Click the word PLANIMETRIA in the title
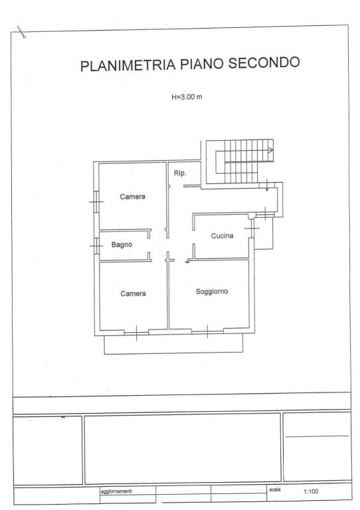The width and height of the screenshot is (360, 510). pyautogui.click(x=128, y=65)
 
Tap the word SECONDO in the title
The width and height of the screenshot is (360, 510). pyautogui.click(x=264, y=62)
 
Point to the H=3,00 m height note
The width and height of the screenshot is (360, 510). pyautogui.click(x=187, y=96)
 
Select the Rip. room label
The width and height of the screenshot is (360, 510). pyautogui.click(x=180, y=173)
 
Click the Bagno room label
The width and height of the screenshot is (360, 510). pyautogui.click(x=122, y=244)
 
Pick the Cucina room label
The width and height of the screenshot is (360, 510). pyautogui.click(x=222, y=236)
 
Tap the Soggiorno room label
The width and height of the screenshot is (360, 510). pyautogui.click(x=212, y=292)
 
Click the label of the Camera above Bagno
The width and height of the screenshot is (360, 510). pyautogui.click(x=132, y=197)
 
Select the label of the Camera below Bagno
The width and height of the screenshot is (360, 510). pyautogui.click(x=133, y=294)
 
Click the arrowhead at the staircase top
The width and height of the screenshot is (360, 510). pyautogui.click(x=270, y=150)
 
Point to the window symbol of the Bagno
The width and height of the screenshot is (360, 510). pyautogui.click(x=96, y=246)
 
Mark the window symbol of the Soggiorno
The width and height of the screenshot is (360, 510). pyautogui.click(x=207, y=331)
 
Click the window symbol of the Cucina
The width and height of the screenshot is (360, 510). pyautogui.click(x=252, y=228)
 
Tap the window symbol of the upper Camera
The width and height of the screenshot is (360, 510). pyautogui.click(x=96, y=202)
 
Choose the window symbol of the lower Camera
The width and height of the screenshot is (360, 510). pyautogui.click(x=136, y=333)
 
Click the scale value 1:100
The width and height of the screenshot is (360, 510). pyautogui.click(x=311, y=491)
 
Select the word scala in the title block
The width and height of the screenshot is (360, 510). pyautogui.click(x=275, y=489)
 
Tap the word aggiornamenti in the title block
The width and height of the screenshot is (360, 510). pyautogui.click(x=116, y=491)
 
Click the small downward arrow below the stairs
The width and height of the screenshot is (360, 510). pyautogui.click(x=267, y=185)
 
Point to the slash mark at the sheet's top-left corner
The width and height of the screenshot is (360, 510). pyautogui.click(x=22, y=33)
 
